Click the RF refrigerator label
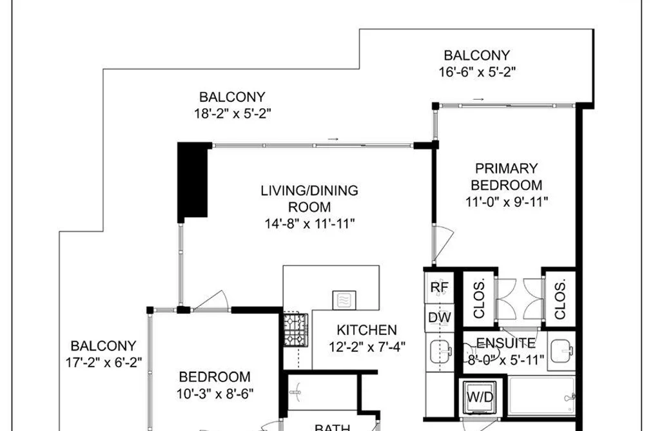click(x=440, y=287)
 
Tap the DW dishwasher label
click(x=440, y=318)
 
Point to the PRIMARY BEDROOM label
click(x=507, y=177)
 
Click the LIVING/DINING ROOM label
click(x=309, y=199)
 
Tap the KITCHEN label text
click(x=367, y=330)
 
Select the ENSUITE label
click(x=505, y=343)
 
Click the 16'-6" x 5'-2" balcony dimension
click(x=477, y=72)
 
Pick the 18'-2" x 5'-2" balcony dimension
click(x=232, y=113)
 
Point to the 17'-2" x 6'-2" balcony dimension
click(x=104, y=362)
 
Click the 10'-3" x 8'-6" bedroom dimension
click(x=215, y=393)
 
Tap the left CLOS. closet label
click(x=480, y=300)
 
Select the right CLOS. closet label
click(x=560, y=300)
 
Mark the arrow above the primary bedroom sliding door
click(x=478, y=99)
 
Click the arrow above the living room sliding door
click(x=333, y=139)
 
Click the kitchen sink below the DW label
click(x=441, y=352)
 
